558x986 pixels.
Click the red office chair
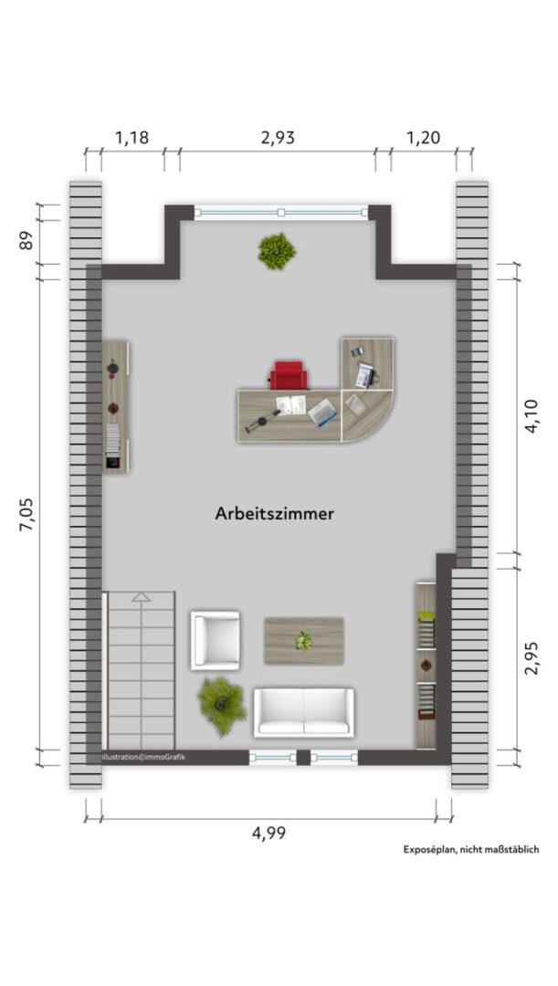click(290, 375)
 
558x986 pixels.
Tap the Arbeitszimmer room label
click(274, 514)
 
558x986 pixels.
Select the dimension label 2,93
click(278, 138)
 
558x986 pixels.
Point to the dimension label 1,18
click(132, 138)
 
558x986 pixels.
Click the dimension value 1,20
click(423, 138)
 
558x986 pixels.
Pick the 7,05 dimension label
click(27, 514)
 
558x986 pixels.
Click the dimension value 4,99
click(268, 834)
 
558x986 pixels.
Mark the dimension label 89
click(26, 240)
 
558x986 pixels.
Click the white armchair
click(216, 640)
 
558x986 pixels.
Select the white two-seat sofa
click(304, 712)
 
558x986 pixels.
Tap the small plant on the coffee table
click(304, 641)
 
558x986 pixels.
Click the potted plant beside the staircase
click(221, 706)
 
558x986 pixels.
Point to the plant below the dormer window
click(277, 251)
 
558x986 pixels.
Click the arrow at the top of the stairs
click(142, 597)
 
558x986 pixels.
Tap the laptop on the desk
click(323, 413)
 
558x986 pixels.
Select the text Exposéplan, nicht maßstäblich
click(471, 850)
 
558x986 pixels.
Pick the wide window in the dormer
click(281, 213)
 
